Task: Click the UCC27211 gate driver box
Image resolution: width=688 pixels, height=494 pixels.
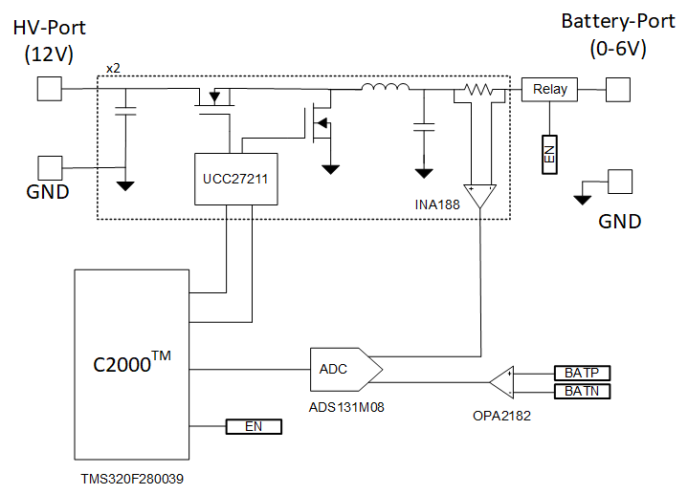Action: (x=235, y=179)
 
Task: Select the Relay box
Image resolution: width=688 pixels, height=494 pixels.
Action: (x=549, y=90)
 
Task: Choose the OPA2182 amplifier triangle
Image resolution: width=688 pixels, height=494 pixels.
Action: (x=501, y=382)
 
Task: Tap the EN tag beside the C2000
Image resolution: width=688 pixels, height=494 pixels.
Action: (x=254, y=426)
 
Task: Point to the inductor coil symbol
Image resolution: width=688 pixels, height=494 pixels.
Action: (x=386, y=90)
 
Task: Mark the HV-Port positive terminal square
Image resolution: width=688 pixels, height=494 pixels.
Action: (x=50, y=90)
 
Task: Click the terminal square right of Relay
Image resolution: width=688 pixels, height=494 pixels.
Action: (x=618, y=90)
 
